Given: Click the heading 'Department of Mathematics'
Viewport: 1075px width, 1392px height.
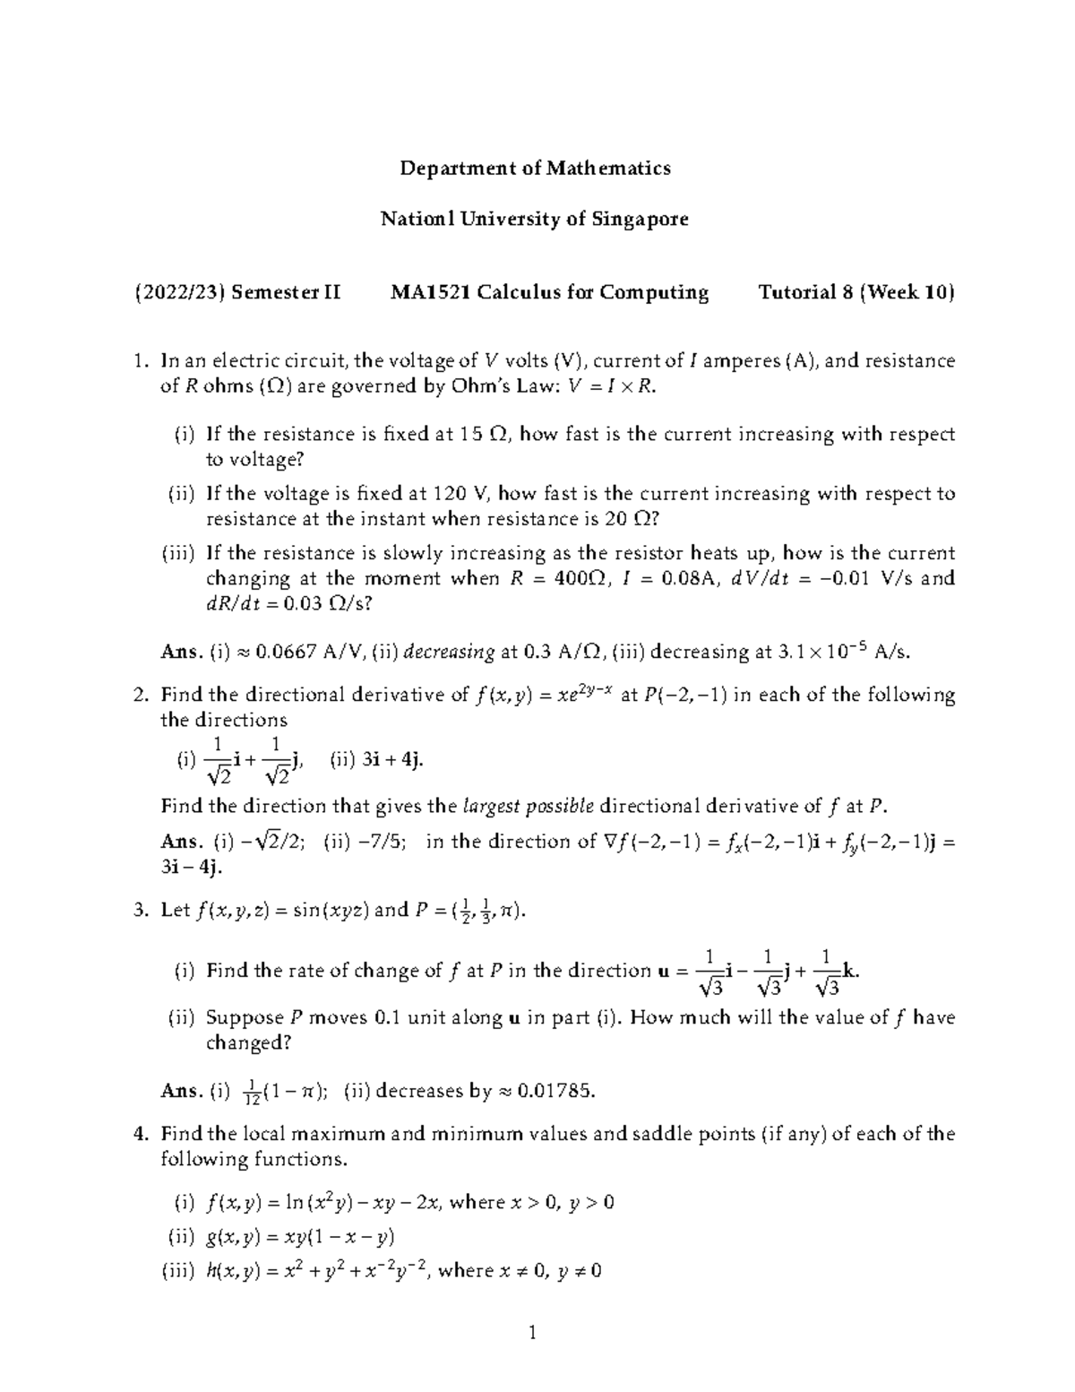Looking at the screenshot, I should point(535,169).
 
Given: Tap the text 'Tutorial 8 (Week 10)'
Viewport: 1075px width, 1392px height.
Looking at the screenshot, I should point(856,293).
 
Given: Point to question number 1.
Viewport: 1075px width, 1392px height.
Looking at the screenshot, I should point(139,361).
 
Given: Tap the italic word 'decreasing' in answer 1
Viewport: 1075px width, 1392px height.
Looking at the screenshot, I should point(449,653).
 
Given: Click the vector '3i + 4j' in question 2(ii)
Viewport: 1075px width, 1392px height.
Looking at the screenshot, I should point(392,760).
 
